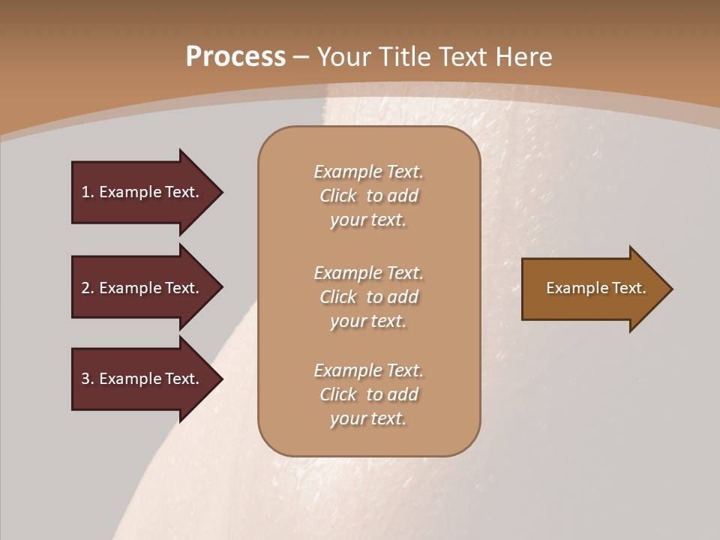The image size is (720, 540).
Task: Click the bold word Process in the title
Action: click(235, 57)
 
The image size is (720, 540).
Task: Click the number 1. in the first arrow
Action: click(88, 192)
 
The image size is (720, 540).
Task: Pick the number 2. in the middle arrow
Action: click(88, 288)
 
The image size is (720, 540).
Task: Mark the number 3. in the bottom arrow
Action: click(88, 379)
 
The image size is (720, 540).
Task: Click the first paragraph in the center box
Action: click(368, 196)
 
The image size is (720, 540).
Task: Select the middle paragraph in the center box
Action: click(368, 296)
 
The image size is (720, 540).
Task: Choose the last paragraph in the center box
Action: click(368, 394)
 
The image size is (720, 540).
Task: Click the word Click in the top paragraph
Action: click(338, 196)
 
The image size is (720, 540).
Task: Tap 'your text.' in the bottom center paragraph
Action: click(368, 418)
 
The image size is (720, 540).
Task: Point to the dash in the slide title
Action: click(301, 58)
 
